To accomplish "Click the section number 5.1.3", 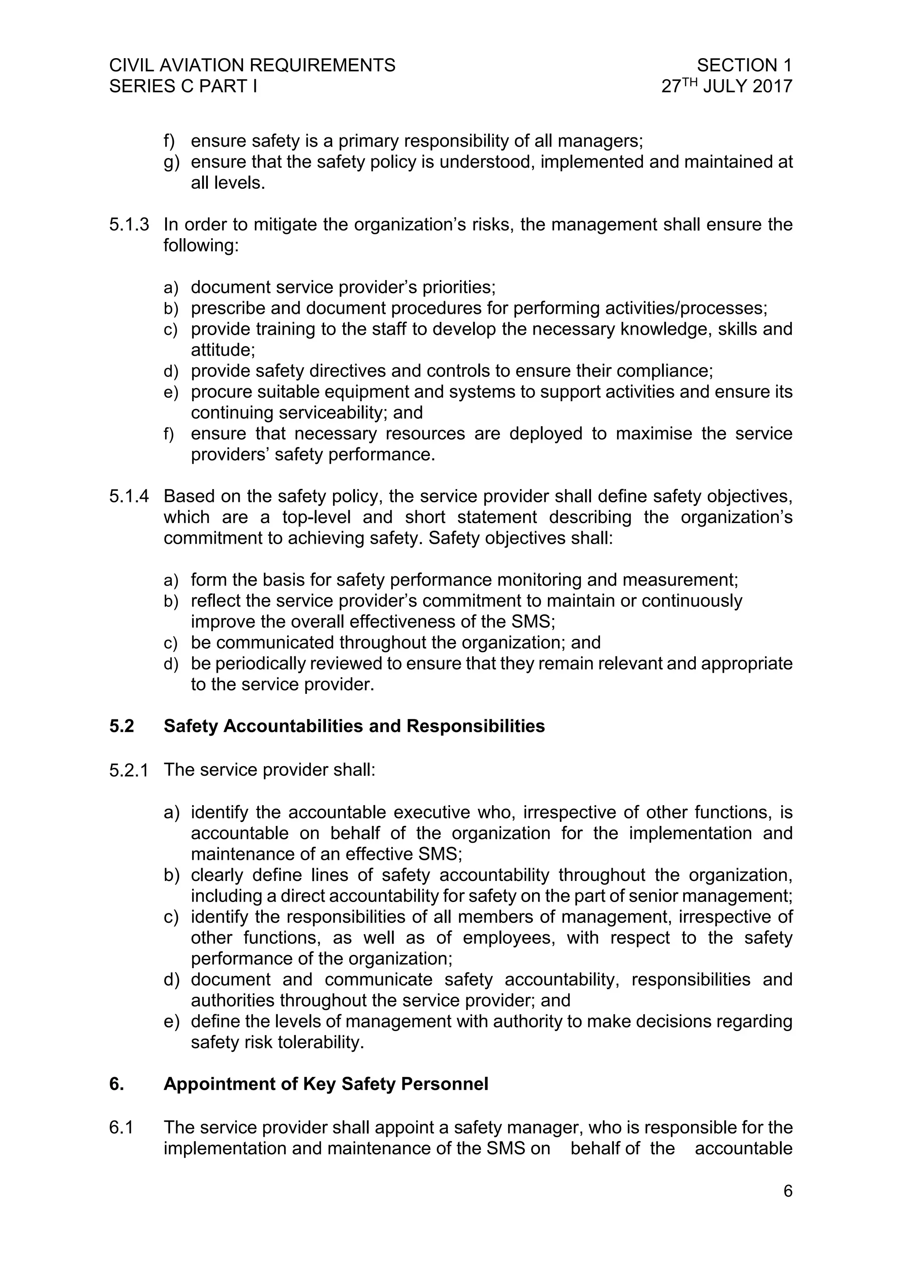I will coord(129,225).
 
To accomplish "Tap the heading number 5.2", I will coord(122,726).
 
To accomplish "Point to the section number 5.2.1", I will coord(129,770).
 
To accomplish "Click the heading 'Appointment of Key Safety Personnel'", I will coord(325,1084).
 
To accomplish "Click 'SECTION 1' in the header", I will coord(744,66).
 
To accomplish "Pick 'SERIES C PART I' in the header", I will coord(183,87).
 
